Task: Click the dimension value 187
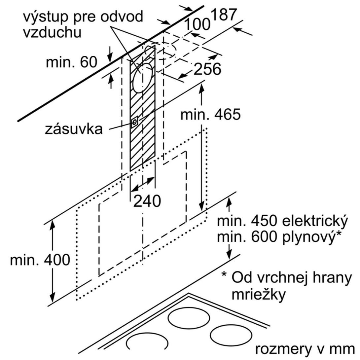[224, 15]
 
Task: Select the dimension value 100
[197, 24]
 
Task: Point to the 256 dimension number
[207, 69]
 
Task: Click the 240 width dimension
[147, 201]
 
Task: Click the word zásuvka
[74, 129]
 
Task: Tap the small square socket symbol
[134, 123]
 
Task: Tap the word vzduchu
[52, 33]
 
